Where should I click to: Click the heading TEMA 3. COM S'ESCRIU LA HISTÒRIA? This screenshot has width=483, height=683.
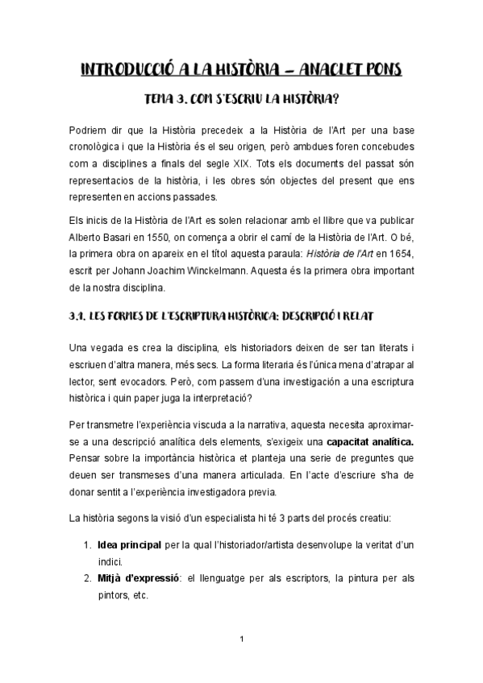[241, 101]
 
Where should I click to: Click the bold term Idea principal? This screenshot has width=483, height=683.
[128, 545]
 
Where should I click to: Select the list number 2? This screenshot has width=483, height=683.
[88, 579]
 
